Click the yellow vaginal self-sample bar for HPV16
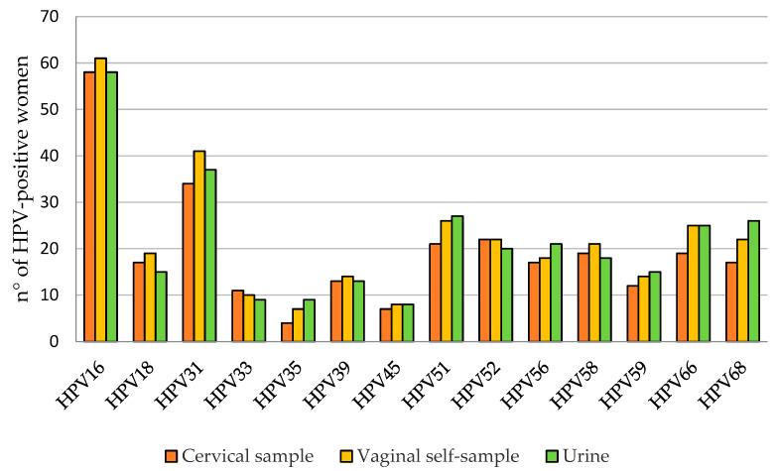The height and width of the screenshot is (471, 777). [100, 199]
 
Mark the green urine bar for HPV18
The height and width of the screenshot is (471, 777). [161, 306]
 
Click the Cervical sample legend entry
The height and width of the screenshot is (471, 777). [238, 455]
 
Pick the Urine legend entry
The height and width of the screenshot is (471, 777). [584, 455]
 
